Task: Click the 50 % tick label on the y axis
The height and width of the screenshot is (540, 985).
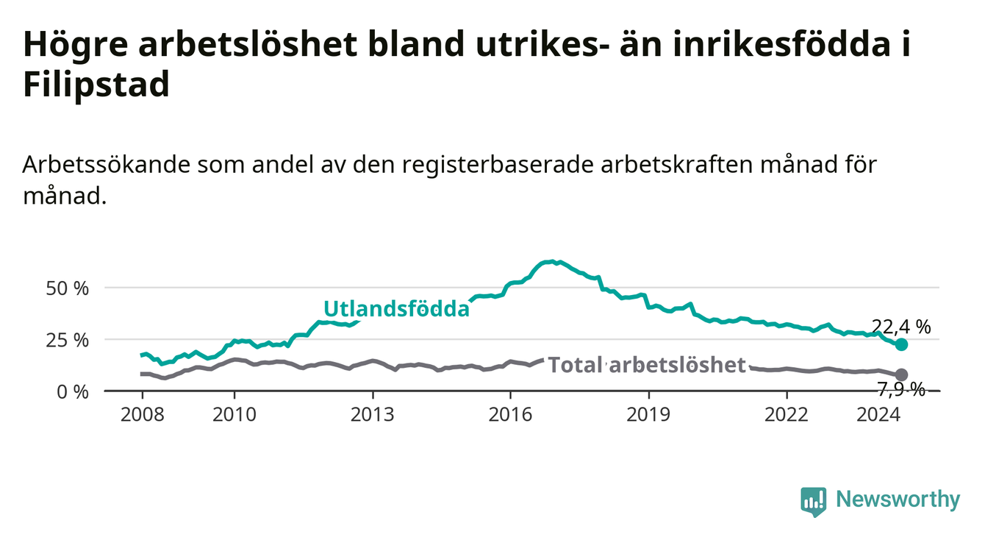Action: [68, 288]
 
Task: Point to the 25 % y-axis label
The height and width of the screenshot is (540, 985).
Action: [68, 340]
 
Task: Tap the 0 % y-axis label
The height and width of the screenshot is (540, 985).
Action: [73, 391]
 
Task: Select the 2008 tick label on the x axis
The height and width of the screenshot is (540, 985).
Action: [142, 415]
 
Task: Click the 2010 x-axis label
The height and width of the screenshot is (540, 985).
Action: [234, 415]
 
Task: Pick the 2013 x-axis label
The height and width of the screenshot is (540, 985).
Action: [373, 415]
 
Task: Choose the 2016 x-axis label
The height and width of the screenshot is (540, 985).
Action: [511, 415]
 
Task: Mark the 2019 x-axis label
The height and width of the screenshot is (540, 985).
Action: [648, 415]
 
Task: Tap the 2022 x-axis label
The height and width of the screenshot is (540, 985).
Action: [787, 415]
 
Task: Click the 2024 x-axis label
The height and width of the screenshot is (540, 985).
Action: [878, 415]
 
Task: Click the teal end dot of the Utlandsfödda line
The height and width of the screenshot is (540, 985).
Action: [901, 344]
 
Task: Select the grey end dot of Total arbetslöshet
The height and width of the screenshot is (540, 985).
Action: [901, 374]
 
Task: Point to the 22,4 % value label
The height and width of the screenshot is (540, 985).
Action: [901, 327]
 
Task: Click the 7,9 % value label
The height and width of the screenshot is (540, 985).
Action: [901, 389]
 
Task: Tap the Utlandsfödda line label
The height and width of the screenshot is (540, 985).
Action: [397, 309]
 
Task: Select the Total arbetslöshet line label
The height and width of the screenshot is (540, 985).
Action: [647, 365]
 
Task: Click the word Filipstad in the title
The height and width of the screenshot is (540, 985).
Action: [96, 84]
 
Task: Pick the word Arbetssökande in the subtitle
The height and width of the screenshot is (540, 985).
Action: [107, 165]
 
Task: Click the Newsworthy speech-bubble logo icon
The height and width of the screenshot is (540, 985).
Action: [814, 502]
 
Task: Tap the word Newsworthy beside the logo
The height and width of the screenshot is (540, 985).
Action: [898, 500]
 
